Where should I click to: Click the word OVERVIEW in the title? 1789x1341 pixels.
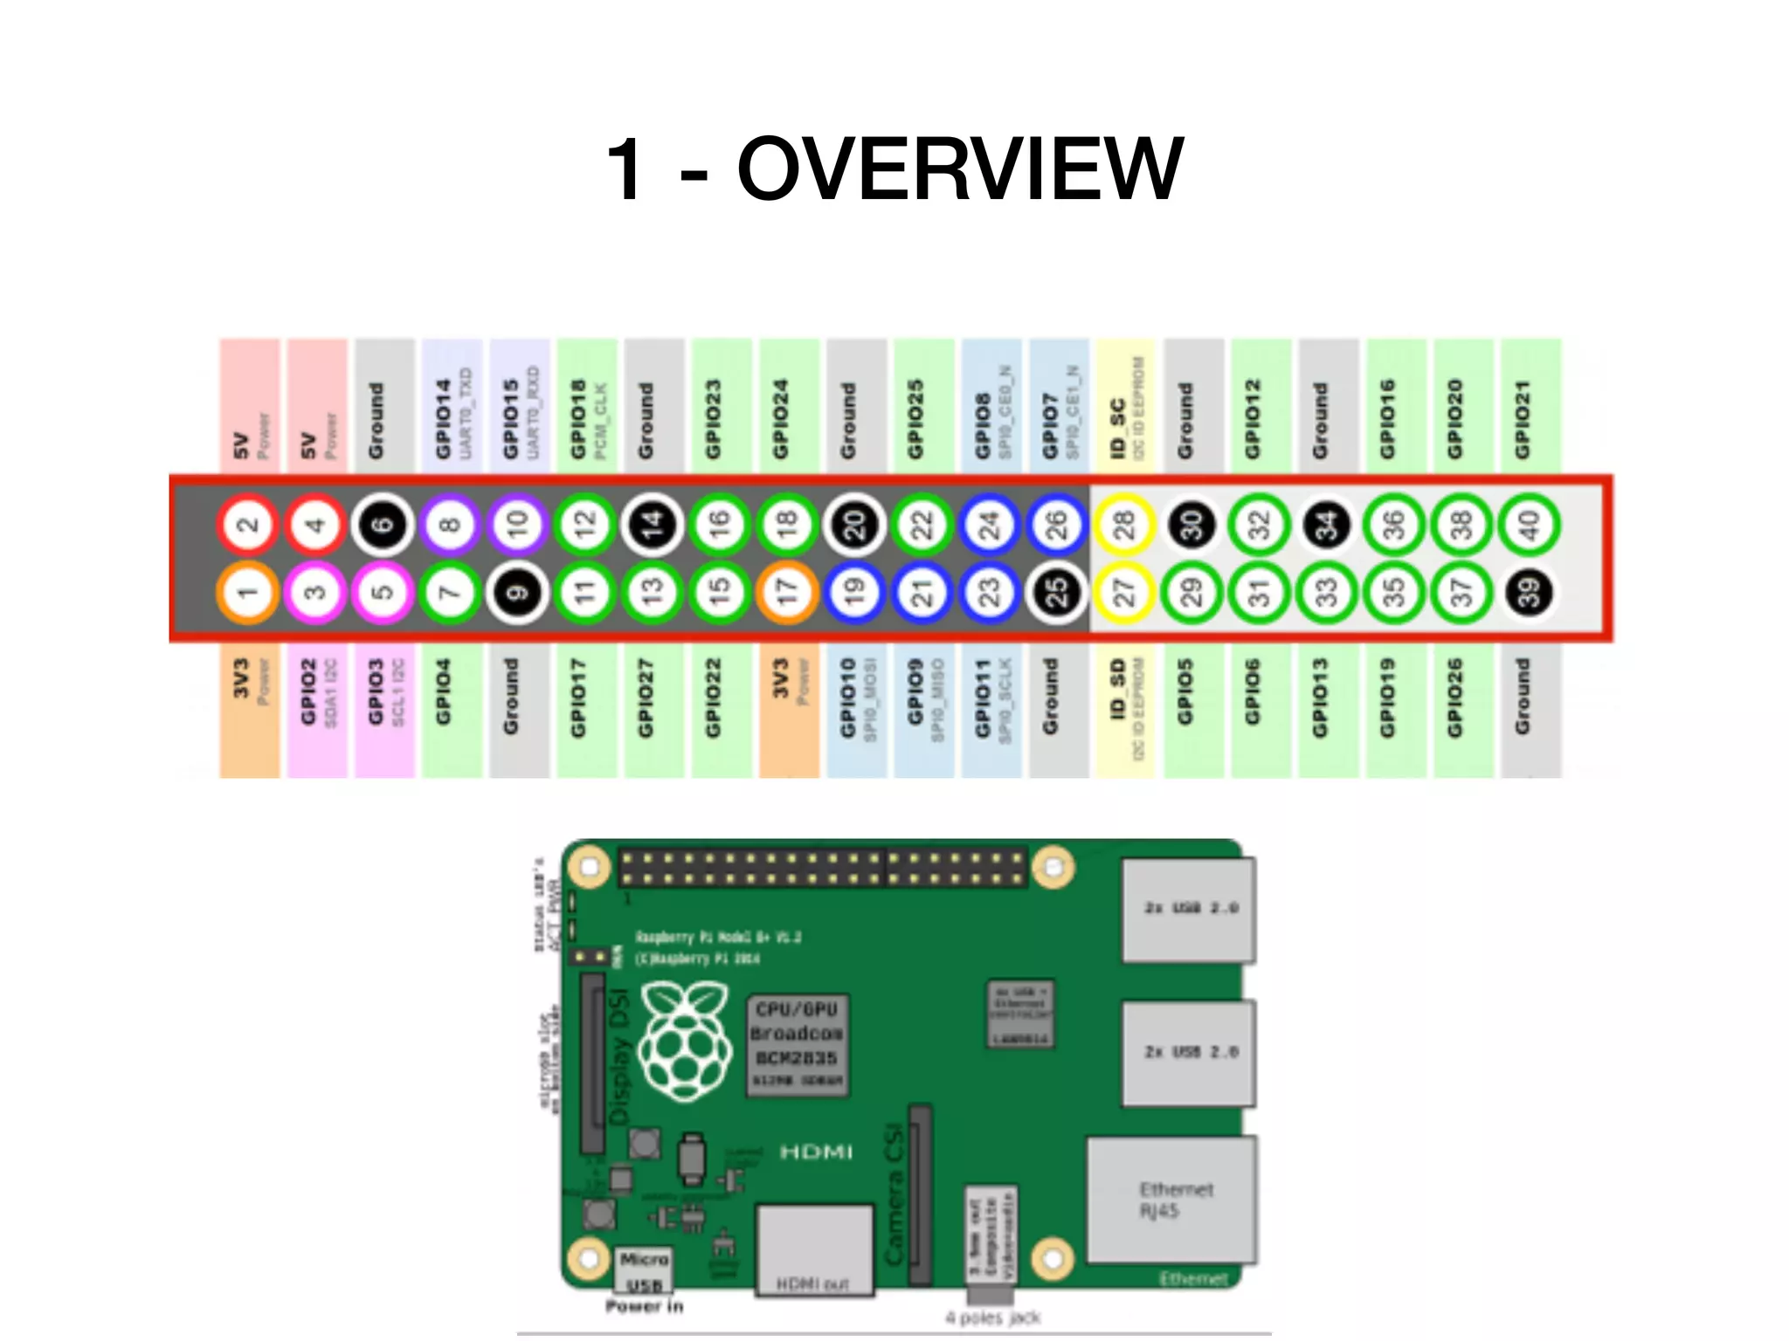coord(959,169)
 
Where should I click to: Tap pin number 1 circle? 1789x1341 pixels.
coord(248,593)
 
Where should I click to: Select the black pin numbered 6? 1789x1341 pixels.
coord(383,525)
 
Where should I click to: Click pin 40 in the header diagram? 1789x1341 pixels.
coord(1529,525)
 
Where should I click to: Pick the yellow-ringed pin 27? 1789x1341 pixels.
coord(1124,593)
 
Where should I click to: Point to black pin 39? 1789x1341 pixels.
coord(1529,593)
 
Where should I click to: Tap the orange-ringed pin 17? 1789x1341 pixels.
coord(788,593)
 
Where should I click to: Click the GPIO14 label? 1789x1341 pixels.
coord(444,419)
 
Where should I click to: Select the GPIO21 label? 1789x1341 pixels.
coord(1523,419)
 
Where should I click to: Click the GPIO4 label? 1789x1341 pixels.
coord(444,691)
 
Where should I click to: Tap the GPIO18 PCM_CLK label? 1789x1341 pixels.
coord(579,419)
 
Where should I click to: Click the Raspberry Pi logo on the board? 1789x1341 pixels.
coord(686,1042)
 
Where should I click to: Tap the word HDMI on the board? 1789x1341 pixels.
coord(816,1152)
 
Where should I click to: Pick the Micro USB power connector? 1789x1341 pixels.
coord(645,1271)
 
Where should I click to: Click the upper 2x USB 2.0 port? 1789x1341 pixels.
coord(1189,910)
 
